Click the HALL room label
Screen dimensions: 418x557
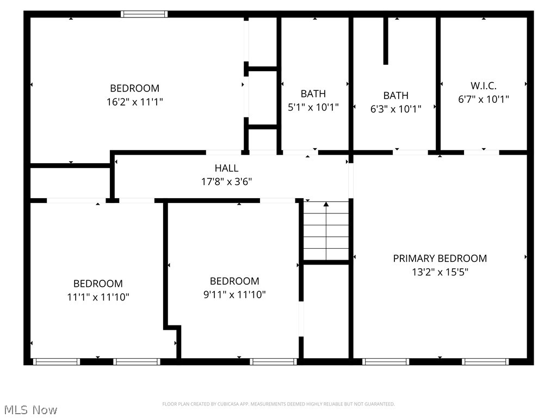226,168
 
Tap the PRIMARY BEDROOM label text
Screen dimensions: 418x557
440,258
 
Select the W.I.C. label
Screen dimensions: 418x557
483,85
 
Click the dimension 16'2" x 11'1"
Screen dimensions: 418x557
135,102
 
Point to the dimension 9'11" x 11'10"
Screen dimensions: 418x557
234,295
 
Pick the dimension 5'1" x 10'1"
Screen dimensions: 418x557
313,108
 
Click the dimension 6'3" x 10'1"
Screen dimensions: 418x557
396,109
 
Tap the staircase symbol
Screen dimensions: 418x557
326,231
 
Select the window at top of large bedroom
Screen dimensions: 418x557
144,14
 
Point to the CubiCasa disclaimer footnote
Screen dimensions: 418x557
278,404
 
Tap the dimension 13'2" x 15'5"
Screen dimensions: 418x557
440,272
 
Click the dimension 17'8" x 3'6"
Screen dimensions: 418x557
226,182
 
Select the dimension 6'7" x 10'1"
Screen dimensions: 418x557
483,100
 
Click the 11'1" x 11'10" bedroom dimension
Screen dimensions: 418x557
98,297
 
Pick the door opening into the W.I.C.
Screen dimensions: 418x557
481,152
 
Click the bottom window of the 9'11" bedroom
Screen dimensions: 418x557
273,361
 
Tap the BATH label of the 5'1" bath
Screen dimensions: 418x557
313,94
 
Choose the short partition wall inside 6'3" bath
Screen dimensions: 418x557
386,41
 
